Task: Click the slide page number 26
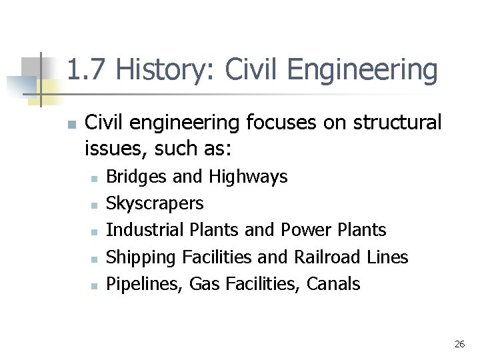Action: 459,344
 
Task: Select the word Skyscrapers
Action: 155,203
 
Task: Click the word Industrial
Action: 145,230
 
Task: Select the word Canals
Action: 333,284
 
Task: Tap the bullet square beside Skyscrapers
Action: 94,205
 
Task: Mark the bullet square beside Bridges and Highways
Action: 94,178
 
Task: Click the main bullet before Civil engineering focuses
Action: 70,125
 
